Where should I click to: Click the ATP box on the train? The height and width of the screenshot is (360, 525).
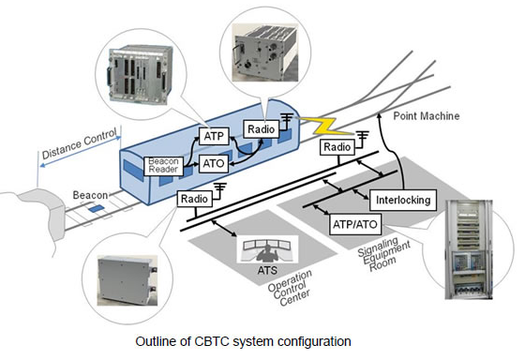pos(212,137)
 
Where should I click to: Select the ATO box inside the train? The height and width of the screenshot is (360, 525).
pos(212,163)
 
